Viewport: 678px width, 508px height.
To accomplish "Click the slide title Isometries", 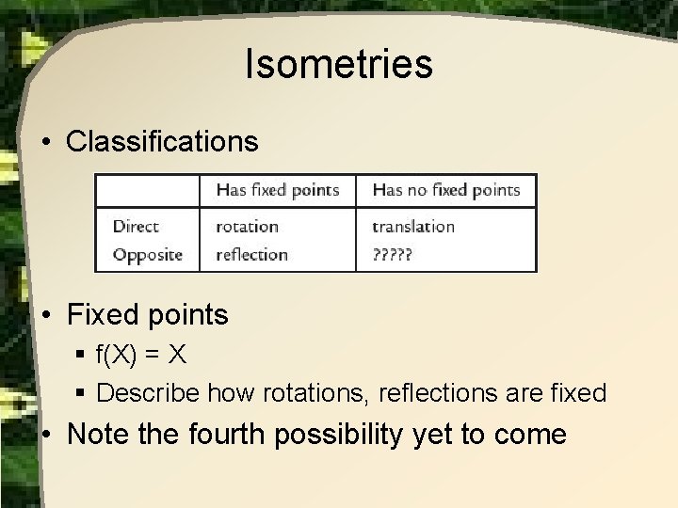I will tap(338, 65).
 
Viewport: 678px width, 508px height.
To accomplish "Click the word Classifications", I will tap(162, 141).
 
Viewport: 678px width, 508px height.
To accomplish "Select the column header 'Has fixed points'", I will tap(277, 190).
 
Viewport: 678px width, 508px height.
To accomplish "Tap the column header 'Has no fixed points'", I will tap(445, 190).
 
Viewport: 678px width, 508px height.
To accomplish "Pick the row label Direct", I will tap(136, 227).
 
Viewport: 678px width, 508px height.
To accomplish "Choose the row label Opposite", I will tap(147, 254).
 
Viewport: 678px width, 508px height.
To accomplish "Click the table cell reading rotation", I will tap(247, 227).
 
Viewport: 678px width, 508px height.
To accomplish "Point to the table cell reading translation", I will tap(412, 227).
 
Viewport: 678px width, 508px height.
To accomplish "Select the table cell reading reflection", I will tap(250, 254).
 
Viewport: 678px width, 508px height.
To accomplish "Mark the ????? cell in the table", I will tap(394, 255).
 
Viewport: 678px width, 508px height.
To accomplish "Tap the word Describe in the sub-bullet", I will tap(142, 392).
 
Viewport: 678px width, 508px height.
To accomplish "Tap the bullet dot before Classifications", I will tap(46, 142).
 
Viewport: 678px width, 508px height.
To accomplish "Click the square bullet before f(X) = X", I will tap(82, 355).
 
